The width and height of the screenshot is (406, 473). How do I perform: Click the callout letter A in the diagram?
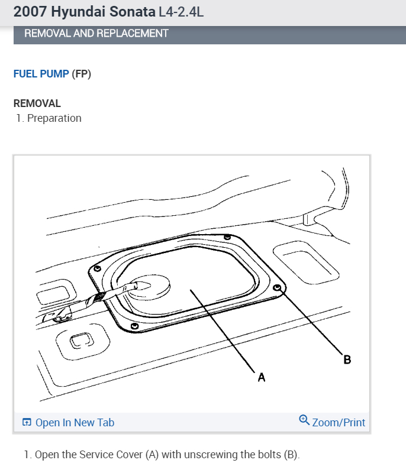point(262,377)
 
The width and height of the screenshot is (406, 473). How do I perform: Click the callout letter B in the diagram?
point(347,359)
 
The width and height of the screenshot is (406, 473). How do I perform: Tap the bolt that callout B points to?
point(277,288)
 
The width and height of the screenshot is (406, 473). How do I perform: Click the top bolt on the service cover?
point(227,237)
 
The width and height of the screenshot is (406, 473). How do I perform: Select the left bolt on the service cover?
point(97,268)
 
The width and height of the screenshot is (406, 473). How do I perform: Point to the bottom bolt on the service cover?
point(134,326)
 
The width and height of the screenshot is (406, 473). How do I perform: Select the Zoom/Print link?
point(339,422)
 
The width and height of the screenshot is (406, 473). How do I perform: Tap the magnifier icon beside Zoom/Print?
point(304,420)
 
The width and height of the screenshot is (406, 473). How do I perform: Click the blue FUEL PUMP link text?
point(41,74)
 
